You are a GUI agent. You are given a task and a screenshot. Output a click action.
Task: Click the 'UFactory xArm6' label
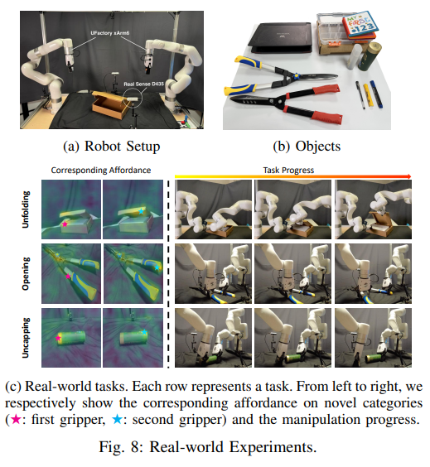click(x=110, y=33)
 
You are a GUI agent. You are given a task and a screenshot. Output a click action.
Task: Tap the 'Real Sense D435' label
click(x=144, y=84)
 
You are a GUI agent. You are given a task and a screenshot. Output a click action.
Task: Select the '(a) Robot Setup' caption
click(x=112, y=147)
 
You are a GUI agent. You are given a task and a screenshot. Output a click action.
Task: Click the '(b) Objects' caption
click(x=307, y=147)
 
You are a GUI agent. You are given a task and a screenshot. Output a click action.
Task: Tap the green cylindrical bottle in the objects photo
click(x=370, y=56)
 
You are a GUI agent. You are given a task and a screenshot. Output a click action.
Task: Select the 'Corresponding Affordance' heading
click(x=101, y=170)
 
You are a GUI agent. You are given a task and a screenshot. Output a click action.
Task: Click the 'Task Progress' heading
click(x=288, y=170)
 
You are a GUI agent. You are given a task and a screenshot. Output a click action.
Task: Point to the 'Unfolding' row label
click(x=26, y=209)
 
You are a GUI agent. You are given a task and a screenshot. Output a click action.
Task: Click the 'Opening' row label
click(x=26, y=273)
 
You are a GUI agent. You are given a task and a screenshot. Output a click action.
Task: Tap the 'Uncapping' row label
click(x=26, y=338)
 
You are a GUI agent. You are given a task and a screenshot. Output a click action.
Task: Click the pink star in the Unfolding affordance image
click(x=65, y=224)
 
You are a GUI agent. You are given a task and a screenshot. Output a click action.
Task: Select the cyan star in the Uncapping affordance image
click(x=144, y=332)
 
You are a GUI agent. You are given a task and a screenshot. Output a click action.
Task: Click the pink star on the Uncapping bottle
click(x=58, y=338)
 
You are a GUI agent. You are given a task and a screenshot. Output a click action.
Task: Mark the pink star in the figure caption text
click(x=16, y=419)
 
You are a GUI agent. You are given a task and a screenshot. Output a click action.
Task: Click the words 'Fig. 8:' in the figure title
click(x=122, y=447)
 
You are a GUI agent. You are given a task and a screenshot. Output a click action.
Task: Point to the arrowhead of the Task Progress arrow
click(x=408, y=176)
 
